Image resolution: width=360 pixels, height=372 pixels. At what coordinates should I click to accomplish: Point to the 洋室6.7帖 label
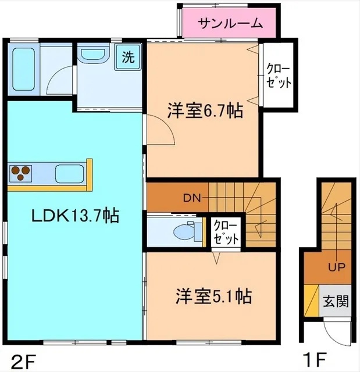pyautogui.click(x=205, y=111)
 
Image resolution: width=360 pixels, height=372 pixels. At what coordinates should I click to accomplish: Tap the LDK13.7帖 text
pyautogui.click(x=76, y=217)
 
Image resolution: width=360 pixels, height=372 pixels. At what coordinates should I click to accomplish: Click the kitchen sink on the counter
pyautogui.click(x=69, y=173)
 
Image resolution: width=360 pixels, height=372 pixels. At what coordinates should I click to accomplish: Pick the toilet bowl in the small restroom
pyautogui.click(x=186, y=231)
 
